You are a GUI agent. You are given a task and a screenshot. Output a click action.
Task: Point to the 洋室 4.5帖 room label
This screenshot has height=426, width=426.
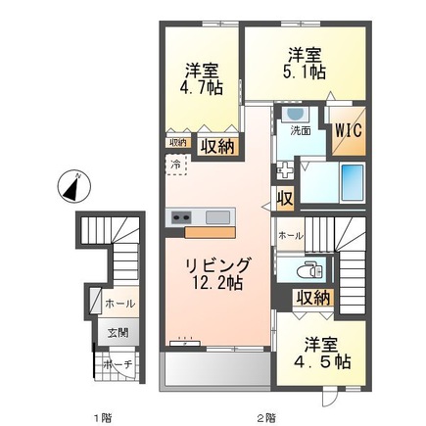tap(322, 354)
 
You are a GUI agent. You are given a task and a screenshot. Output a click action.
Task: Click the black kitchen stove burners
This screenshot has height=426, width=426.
tap(183, 216)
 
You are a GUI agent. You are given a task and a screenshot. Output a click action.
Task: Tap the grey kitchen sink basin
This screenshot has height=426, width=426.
tap(218, 216)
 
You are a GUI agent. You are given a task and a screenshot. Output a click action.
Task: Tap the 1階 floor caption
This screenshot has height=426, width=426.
tap(103, 418)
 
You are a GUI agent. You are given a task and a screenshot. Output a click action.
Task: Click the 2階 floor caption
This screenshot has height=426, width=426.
tap(265, 418)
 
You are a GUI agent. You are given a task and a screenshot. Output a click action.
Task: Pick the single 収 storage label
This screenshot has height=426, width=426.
tap(285, 199)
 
